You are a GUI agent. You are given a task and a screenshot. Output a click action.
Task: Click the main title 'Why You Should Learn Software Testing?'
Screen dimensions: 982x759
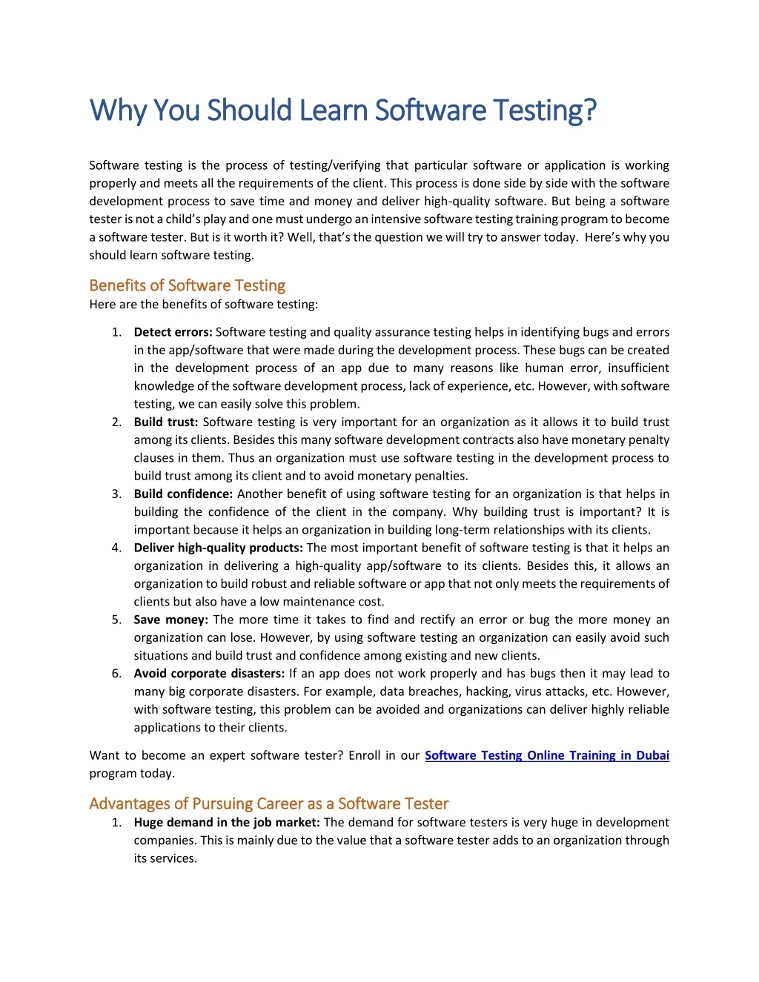342,110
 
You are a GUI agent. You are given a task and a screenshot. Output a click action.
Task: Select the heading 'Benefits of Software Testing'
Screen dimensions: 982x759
187,285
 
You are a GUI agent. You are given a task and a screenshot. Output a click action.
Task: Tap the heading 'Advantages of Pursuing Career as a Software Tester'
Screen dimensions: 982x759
268,803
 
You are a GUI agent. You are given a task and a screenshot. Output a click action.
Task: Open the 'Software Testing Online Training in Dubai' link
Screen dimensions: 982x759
546,755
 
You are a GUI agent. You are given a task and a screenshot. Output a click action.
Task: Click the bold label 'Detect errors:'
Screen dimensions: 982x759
173,332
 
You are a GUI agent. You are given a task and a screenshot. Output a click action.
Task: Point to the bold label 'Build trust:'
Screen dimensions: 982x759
166,422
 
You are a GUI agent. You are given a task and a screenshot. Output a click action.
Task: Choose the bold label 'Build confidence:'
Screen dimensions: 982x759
183,494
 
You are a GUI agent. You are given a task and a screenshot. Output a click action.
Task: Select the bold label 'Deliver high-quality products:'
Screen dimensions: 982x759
218,548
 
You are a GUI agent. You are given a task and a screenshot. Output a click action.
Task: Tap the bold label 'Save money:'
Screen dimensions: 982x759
171,620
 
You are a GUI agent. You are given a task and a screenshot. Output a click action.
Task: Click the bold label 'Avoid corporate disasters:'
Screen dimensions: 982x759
209,674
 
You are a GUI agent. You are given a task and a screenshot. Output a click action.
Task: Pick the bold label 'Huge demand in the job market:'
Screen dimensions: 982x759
227,822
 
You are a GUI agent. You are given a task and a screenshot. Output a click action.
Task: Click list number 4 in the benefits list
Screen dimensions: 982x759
116,548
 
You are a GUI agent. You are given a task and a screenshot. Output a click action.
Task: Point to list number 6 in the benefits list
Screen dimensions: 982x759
116,674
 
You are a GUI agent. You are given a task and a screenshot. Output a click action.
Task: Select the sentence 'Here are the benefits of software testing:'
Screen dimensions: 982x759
204,304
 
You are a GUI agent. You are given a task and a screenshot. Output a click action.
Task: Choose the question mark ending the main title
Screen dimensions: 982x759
589,110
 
